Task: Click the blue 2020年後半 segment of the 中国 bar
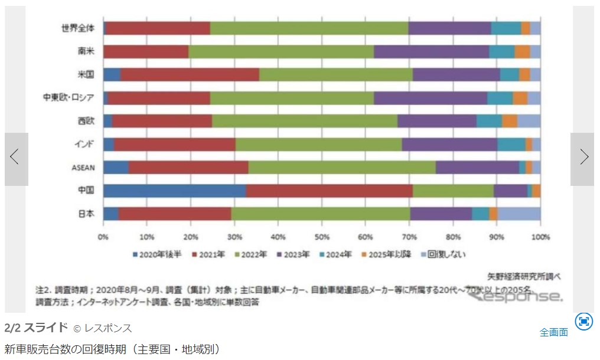click(x=174, y=191)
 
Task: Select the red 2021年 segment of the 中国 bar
click(x=329, y=191)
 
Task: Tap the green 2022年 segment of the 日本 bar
click(x=320, y=214)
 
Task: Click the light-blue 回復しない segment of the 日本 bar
click(x=519, y=214)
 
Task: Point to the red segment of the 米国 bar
click(x=190, y=74)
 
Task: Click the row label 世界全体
click(x=78, y=28)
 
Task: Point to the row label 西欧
click(x=86, y=121)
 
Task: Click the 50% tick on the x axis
click(x=322, y=237)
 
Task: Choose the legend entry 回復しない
click(x=444, y=255)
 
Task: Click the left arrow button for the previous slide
click(x=15, y=157)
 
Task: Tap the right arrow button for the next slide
click(x=583, y=157)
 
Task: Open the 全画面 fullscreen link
click(x=554, y=332)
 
